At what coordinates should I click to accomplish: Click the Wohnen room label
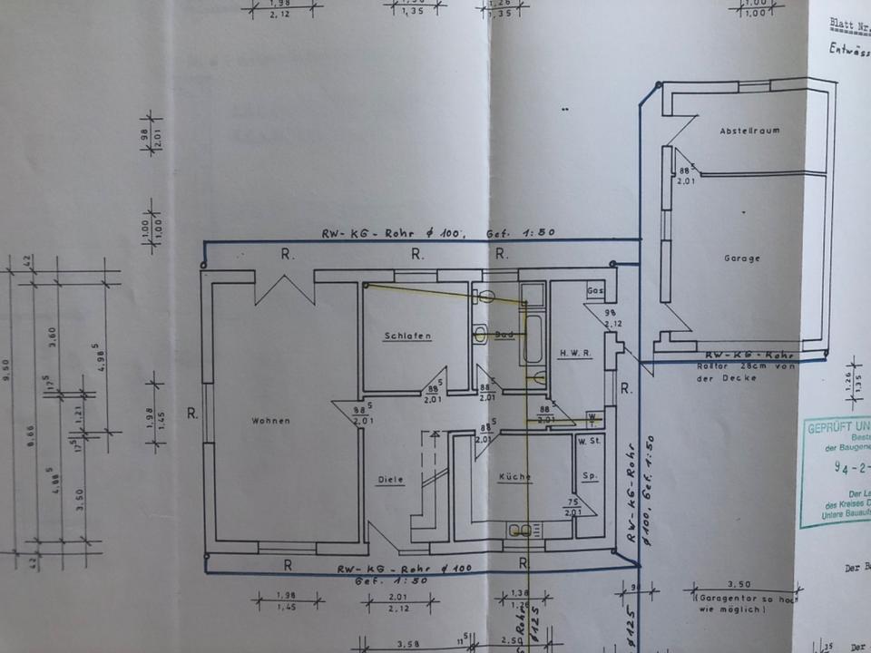click(272, 421)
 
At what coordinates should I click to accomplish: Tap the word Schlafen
click(407, 336)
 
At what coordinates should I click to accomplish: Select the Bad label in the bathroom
click(504, 335)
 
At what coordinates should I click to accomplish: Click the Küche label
click(514, 477)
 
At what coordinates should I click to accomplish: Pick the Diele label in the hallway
click(391, 480)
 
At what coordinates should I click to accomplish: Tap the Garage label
click(742, 258)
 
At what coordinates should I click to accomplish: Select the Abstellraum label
click(749, 131)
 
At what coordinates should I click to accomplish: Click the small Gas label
click(595, 291)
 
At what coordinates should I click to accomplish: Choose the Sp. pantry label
click(588, 476)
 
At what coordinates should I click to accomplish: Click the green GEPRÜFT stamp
click(837, 472)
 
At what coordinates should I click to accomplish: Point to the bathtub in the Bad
click(533, 340)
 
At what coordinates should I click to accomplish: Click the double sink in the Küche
click(522, 530)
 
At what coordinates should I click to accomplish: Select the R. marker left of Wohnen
click(192, 414)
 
